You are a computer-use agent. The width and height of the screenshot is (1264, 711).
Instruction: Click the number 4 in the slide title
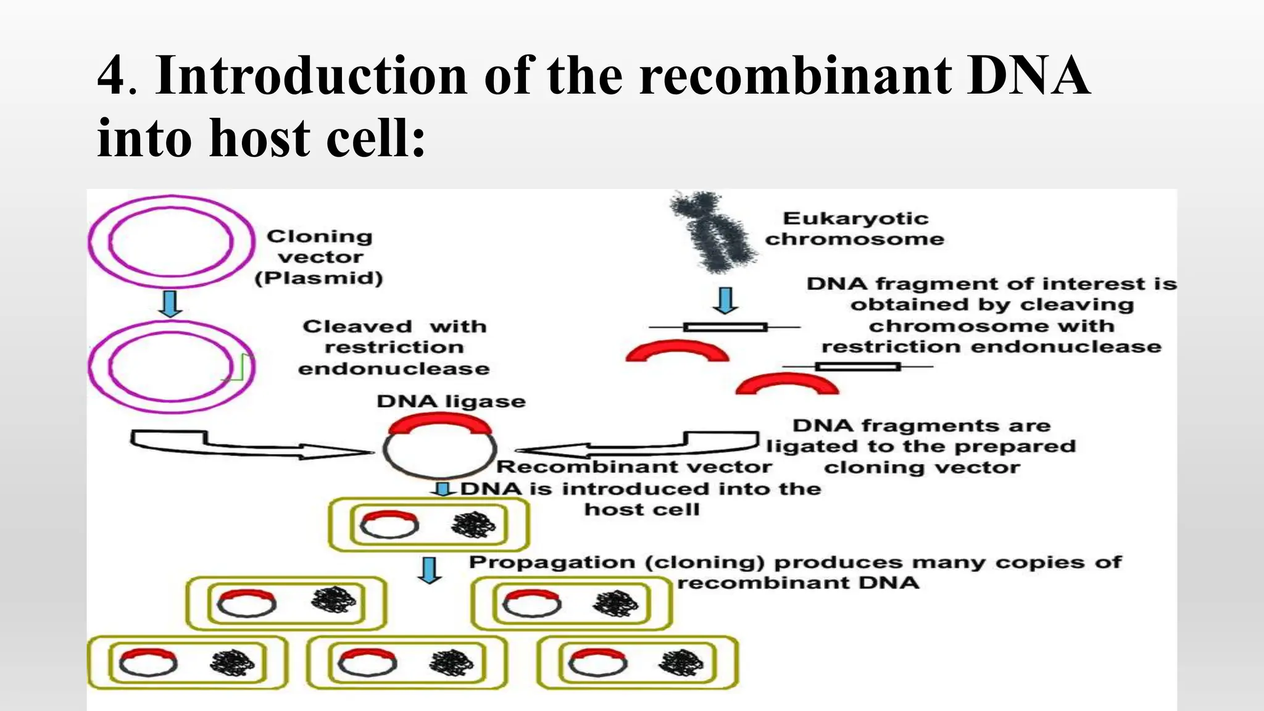coord(112,76)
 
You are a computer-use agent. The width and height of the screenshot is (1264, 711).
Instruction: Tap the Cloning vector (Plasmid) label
coord(319,257)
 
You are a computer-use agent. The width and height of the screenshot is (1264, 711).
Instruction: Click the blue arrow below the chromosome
coord(726,301)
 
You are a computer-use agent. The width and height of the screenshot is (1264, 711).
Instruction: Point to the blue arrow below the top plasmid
coord(170,304)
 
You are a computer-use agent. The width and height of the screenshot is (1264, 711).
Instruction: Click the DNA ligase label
coord(451,401)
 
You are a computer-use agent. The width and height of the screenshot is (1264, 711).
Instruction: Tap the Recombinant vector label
coord(634,467)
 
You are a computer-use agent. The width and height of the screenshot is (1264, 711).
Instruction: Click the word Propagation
coord(552,562)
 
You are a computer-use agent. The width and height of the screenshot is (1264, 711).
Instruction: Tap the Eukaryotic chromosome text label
coord(855,228)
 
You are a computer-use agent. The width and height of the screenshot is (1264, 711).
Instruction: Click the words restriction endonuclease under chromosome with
coord(991,347)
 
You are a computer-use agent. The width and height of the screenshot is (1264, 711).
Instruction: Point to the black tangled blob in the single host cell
coord(473,526)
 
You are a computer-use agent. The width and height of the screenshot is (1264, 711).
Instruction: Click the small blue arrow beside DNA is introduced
coord(443,489)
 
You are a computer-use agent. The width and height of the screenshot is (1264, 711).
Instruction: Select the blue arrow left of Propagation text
coord(430,570)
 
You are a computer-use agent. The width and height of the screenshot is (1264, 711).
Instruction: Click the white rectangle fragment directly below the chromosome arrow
coord(725,327)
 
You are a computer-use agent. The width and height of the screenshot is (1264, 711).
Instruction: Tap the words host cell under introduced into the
coord(642,510)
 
